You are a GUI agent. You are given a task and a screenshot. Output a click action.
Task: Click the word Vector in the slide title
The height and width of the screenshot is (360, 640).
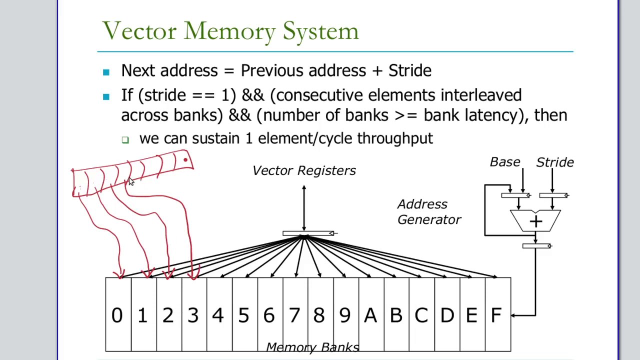[139, 31]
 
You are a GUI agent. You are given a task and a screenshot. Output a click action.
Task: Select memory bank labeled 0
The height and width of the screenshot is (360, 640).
[117, 315]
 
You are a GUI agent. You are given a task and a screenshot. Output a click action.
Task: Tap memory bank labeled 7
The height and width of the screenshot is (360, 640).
[294, 315]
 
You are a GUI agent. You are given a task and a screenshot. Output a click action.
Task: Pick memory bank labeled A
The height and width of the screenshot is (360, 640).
[370, 315]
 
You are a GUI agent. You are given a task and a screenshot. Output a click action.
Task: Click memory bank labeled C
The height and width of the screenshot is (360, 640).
[421, 315]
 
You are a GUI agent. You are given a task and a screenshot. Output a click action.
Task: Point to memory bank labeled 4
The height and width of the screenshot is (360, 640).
[218, 315]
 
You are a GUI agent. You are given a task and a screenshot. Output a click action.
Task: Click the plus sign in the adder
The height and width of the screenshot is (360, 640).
[535, 221]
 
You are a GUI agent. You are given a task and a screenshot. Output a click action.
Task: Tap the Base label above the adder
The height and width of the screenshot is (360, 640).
[505, 162]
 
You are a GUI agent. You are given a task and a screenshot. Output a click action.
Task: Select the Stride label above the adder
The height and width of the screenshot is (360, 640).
[554, 162]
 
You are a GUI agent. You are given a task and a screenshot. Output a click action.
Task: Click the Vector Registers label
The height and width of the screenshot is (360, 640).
[304, 170]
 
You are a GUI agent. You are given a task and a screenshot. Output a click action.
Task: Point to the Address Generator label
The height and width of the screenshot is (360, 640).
[429, 212]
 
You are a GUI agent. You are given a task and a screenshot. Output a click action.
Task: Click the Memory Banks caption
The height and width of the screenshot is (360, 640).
[312, 347]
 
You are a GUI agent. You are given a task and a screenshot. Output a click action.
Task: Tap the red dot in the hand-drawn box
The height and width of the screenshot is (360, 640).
[185, 160]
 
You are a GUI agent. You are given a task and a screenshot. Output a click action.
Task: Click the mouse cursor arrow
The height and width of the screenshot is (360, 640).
[131, 182]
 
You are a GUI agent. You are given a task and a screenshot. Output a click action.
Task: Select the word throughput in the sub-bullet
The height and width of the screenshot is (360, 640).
[395, 138]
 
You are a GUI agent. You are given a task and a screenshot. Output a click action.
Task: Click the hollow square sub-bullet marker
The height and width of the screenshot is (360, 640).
[125, 140]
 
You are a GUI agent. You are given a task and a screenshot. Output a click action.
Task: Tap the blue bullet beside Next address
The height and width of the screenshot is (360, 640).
[106, 72]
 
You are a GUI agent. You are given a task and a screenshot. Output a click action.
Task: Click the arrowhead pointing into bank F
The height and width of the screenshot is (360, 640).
[514, 315]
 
